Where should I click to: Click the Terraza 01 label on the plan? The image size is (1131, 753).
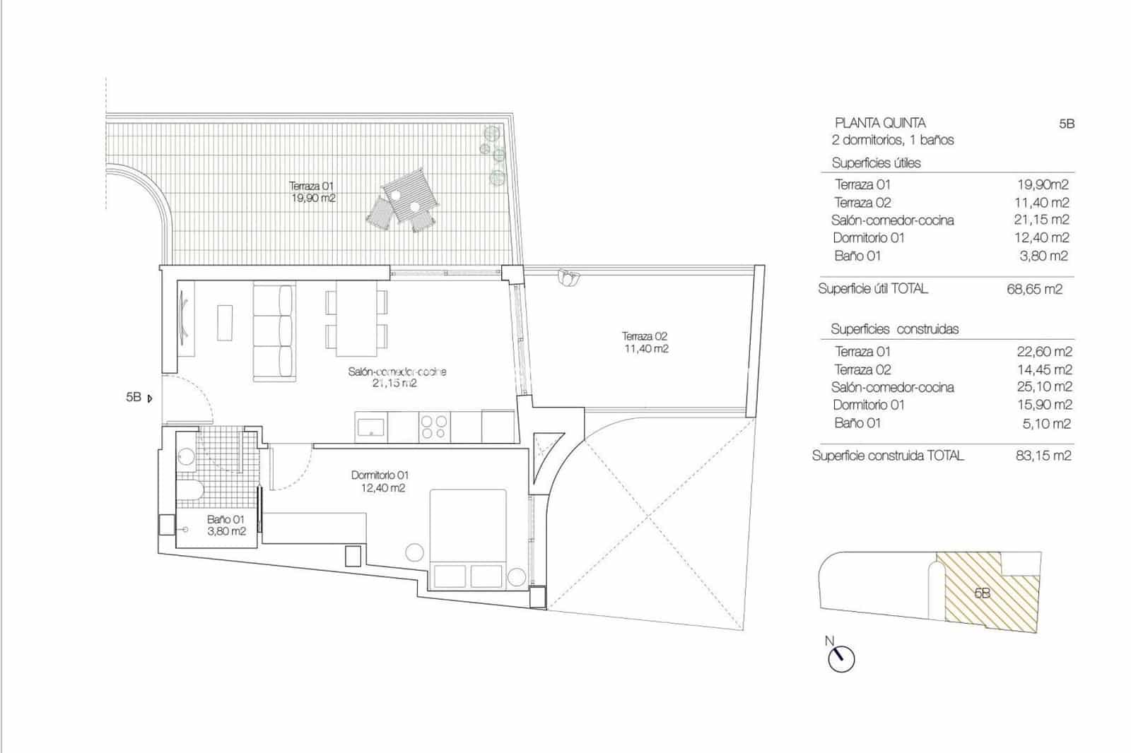pos(312,192)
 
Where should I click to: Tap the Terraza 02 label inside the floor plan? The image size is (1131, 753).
pos(645,343)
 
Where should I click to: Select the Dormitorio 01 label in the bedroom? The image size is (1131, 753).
pos(380,481)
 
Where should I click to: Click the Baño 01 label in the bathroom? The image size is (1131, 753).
pos(226,525)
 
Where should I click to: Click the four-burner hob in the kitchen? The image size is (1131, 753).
pos(434,427)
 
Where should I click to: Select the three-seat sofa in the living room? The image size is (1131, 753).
pos(274,333)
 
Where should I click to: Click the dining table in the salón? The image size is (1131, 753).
pos(356,319)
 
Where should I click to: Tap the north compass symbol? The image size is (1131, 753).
pos(840,658)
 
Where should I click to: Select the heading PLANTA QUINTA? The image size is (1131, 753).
pos(880,123)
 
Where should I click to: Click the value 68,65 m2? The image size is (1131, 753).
pos(1034,289)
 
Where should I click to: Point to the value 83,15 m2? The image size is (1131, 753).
pos(1043,456)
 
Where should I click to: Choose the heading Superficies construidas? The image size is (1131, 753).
pos(894,329)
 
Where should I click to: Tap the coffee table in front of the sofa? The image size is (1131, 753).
pos(225,322)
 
